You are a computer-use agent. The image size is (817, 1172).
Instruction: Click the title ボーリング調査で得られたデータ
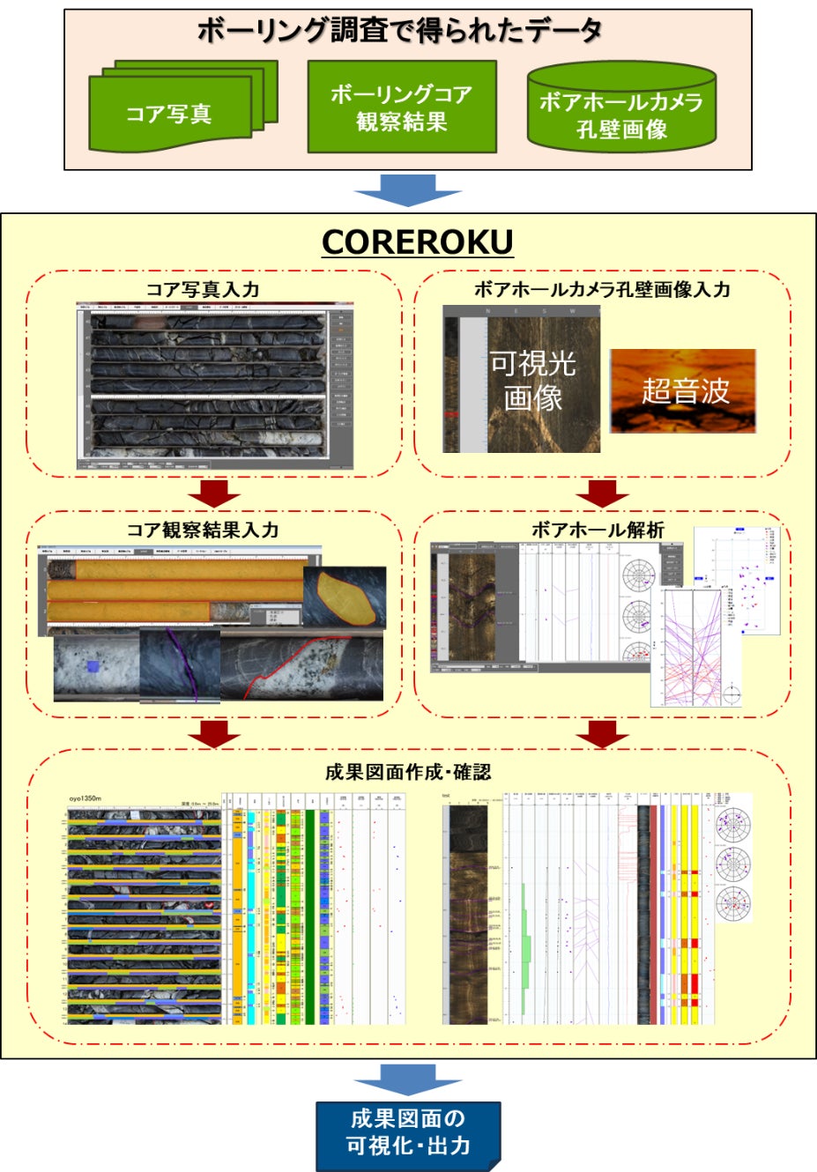399,32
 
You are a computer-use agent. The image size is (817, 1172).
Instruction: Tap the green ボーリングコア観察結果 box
401,107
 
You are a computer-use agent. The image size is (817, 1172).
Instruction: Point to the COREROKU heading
417,242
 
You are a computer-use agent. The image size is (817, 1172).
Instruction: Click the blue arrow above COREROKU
407,189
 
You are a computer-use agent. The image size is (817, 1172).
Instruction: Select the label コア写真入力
203,290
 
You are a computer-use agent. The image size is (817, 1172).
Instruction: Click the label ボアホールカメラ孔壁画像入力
601,290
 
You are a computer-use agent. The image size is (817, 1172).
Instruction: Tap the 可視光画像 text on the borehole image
533,379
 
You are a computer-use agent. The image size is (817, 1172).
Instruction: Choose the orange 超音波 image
683,390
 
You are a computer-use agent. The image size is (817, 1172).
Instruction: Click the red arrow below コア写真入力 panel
214,493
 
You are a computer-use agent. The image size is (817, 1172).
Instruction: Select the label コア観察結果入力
203,530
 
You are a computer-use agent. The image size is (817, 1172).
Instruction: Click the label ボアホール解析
597,530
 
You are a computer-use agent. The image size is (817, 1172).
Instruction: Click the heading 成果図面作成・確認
407,772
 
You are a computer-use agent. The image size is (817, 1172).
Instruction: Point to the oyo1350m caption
85,799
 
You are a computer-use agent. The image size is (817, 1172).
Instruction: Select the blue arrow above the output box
407,1079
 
